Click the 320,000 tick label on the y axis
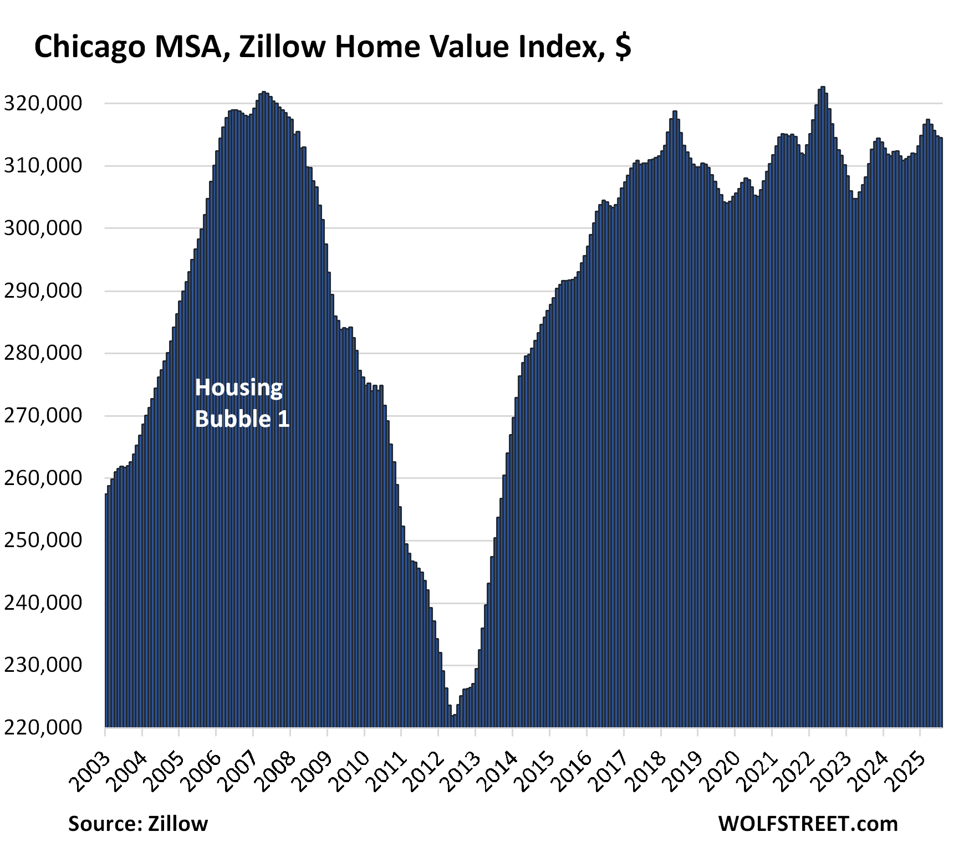click(43, 104)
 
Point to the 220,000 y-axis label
click(43, 727)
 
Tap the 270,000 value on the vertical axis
click(43, 416)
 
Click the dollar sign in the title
click(623, 47)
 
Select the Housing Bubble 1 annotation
click(242, 403)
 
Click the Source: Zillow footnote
click(138, 824)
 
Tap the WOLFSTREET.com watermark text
click(808, 824)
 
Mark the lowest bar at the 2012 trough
click(453, 721)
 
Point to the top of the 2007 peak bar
click(263, 93)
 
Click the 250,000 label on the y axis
click(43, 540)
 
